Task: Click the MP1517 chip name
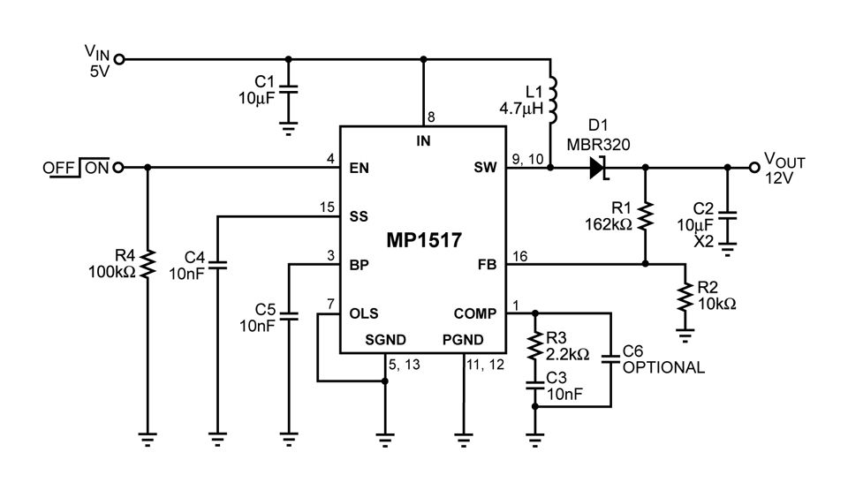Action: tap(423, 240)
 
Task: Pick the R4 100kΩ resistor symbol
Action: tap(147, 262)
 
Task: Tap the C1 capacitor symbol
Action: tap(293, 88)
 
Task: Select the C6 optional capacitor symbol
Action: tap(610, 359)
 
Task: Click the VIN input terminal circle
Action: tap(120, 59)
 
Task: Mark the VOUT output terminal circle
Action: tap(753, 167)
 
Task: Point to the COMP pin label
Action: tap(475, 313)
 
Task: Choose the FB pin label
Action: tap(487, 264)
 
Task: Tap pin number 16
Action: tap(519, 255)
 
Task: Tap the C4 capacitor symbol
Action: tap(217, 263)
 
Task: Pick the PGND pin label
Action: tap(463, 341)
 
